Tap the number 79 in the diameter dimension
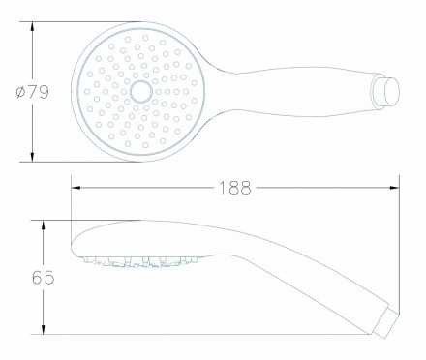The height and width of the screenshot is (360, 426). coord(39,92)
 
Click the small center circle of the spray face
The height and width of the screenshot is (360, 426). coord(141,92)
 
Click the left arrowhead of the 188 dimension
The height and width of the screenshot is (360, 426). coord(76,188)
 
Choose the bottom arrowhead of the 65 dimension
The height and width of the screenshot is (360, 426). coord(43,329)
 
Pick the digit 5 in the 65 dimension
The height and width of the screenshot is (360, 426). coord(49,277)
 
